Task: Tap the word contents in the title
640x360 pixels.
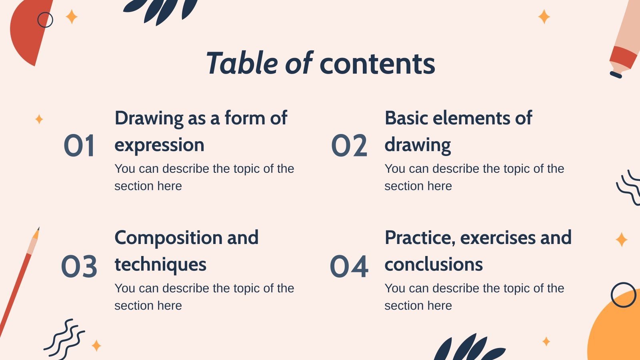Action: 377,64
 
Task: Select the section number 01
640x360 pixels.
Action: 79,146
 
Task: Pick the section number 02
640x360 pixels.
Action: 349,146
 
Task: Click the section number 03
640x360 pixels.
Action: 79,266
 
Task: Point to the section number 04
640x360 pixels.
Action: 349,266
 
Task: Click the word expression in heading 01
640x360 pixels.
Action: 159,145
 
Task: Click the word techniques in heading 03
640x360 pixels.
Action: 160,264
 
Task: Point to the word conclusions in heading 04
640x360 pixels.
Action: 434,264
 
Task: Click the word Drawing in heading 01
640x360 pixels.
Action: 149,119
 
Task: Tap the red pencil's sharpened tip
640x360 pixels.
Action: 37,232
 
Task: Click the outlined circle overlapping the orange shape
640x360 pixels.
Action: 623,295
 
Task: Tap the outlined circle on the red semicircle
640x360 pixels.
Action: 45,20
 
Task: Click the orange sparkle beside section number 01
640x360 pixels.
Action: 39,119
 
